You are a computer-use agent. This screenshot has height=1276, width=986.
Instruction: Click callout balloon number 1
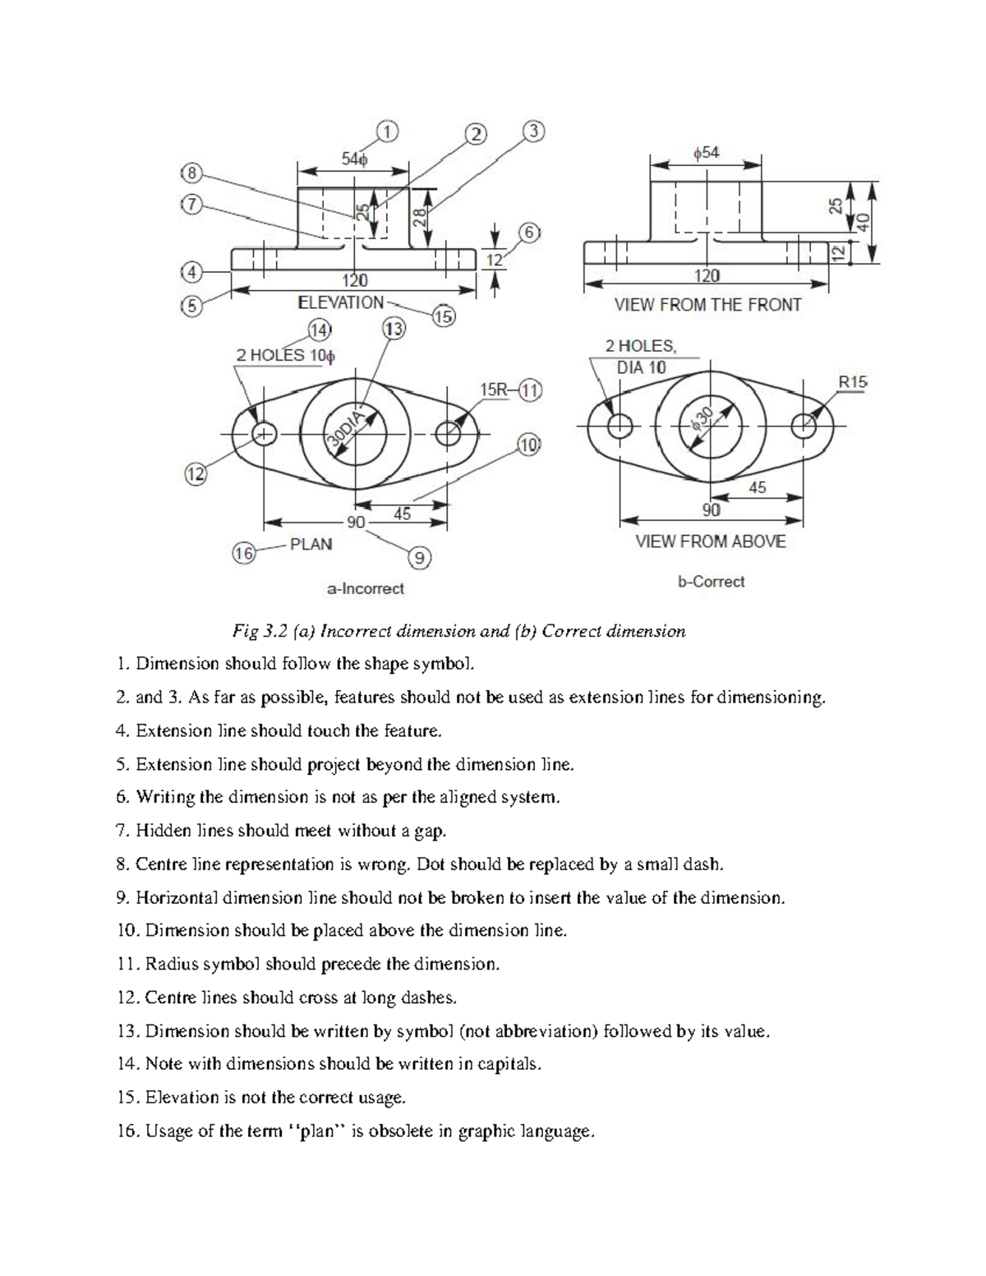[387, 131]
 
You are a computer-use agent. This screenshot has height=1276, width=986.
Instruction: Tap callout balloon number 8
[191, 173]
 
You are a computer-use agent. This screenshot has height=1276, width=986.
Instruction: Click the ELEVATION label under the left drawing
[340, 302]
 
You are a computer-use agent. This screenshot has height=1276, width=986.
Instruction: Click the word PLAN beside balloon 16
[311, 544]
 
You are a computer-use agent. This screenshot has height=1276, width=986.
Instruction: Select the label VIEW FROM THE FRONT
[707, 305]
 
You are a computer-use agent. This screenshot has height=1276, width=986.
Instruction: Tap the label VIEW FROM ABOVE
[710, 541]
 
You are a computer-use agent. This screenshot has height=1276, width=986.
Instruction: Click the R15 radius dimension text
[852, 381]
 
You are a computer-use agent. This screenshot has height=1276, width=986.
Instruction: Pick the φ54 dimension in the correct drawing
[706, 154]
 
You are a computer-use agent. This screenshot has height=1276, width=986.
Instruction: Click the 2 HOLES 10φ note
[285, 356]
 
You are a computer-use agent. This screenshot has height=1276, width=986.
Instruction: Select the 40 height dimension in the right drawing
[862, 221]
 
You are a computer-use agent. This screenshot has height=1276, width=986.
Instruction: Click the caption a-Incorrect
[365, 588]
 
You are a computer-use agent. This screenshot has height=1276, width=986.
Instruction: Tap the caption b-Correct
[711, 582]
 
